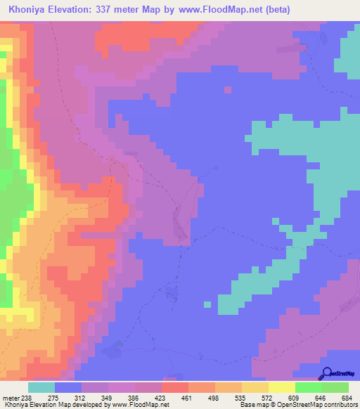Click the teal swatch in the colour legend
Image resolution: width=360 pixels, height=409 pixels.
41,388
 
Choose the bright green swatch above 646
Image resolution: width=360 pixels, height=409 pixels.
309,388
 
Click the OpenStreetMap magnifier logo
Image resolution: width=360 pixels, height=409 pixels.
328,374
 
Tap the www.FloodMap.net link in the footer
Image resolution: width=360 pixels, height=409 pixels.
141,405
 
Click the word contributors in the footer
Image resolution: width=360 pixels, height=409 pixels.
339,405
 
